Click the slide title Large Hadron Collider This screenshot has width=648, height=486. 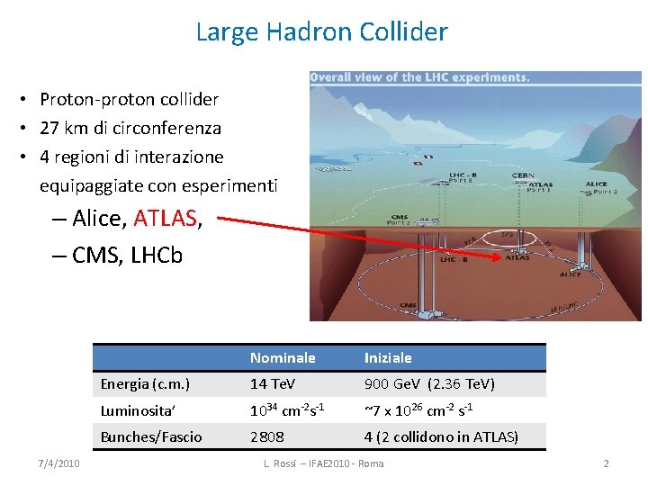point(321,32)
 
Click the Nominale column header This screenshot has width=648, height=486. point(283,357)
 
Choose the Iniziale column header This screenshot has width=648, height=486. point(388,357)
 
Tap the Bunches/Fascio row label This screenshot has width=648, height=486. point(151,436)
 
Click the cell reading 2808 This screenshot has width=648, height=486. point(267,436)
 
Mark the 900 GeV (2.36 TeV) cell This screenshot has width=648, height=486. point(429,384)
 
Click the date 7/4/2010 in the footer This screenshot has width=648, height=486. point(59,463)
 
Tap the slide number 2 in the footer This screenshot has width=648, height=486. point(606,463)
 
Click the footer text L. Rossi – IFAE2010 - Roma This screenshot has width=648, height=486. point(323,463)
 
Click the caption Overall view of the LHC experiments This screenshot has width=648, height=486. point(419,77)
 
